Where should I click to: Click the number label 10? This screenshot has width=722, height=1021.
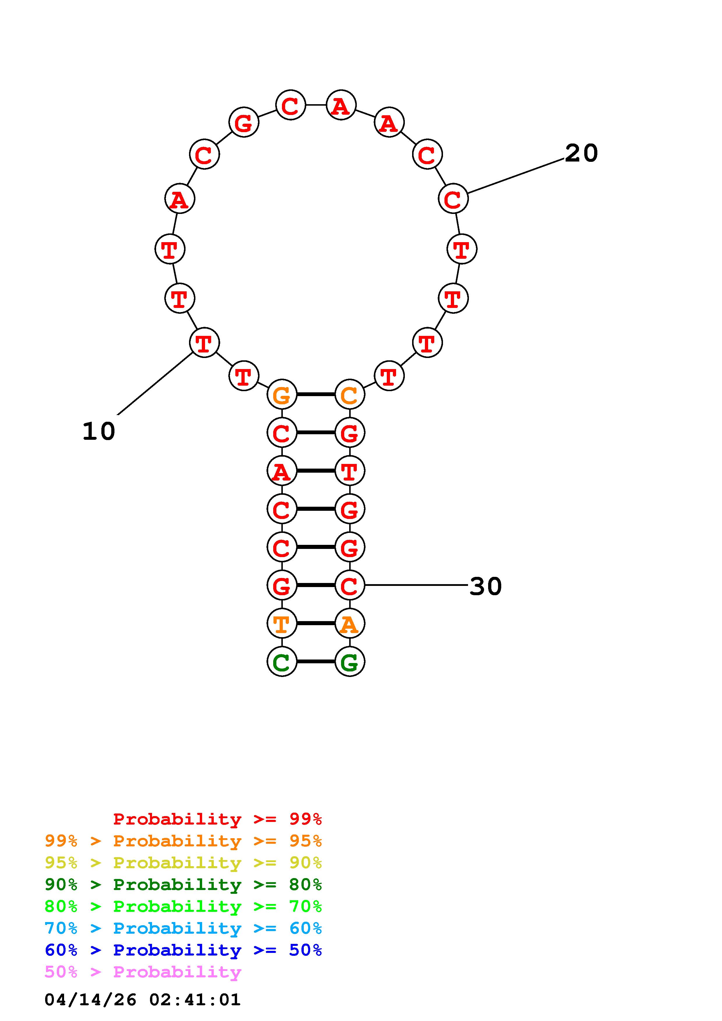[99, 431]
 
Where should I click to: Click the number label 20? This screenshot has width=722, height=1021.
[581, 153]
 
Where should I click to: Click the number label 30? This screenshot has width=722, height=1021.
[486, 586]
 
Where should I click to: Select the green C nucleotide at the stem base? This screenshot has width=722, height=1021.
[282, 662]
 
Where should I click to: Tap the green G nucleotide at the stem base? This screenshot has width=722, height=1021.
[350, 662]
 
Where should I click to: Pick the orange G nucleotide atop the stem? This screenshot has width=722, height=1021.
[282, 394]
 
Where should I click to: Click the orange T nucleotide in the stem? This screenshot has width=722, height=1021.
[282, 623]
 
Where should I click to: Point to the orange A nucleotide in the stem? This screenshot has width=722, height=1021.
[350, 623]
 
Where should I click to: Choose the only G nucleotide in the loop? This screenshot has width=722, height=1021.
[244, 122]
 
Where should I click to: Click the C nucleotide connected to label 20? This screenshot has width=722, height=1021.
[453, 198]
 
